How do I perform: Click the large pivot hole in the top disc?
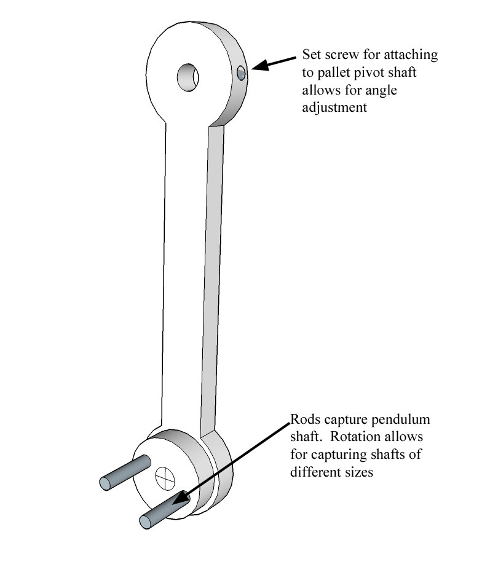click(x=189, y=77)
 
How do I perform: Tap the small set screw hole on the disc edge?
click(x=240, y=74)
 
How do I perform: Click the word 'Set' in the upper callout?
click(x=312, y=55)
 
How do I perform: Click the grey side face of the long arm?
click(x=210, y=276)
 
